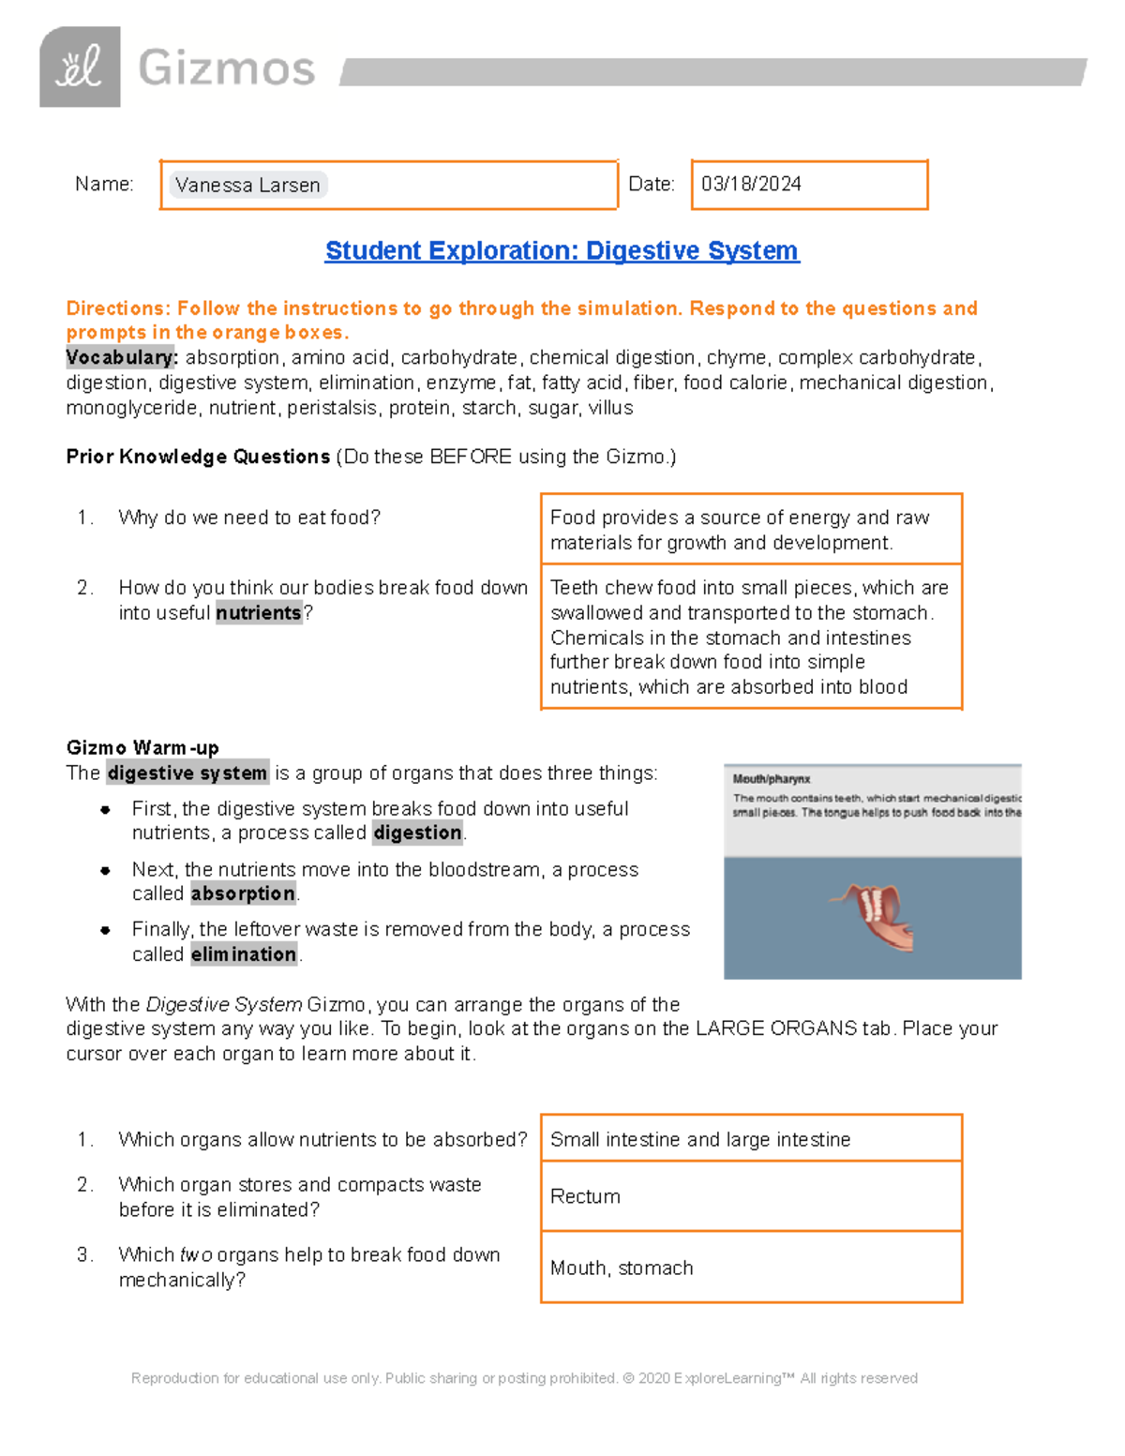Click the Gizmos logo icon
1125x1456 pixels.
point(80,67)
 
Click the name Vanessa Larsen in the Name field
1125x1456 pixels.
point(247,185)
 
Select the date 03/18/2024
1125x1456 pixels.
point(751,184)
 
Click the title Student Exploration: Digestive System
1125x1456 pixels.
point(562,250)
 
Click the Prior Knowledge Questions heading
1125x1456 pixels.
point(198,457)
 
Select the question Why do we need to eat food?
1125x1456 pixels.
point(249,518)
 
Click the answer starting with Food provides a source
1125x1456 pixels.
point(739,530)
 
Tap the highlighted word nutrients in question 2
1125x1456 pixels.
point(259,613)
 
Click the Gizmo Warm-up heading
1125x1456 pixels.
point(142,747)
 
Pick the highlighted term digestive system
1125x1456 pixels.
point(187,773)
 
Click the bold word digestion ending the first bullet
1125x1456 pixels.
point(417,833)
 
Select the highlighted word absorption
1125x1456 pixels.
point(243,893)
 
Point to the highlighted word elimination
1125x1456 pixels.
point(244,954)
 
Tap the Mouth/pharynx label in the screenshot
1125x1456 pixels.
point(771,779)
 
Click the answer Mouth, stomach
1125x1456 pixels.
point(622,1268)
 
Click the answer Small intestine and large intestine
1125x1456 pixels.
point(700,1139)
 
